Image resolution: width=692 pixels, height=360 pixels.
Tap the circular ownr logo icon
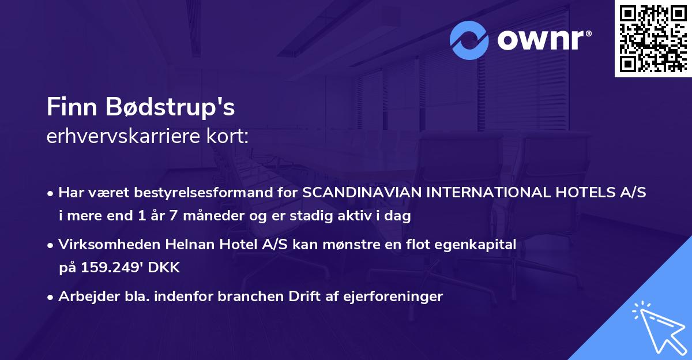pyautogui.click(x=469, y=40)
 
